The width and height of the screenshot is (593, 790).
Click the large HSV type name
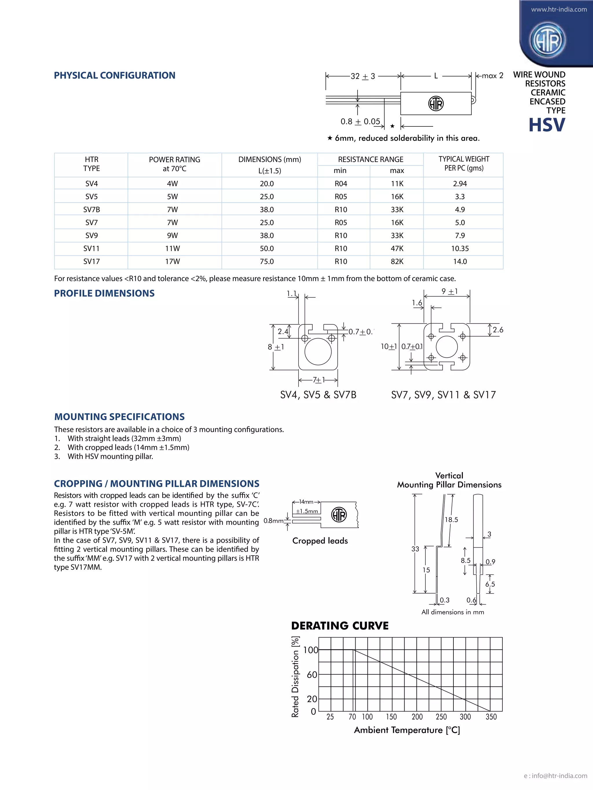tap(547, 125)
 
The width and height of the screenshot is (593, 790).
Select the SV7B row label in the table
tap(91, 210)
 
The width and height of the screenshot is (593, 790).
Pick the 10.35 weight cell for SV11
tap(460, 248)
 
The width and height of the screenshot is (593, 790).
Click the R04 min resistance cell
tap(341, 184)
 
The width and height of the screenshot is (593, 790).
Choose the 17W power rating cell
tap(172, 262)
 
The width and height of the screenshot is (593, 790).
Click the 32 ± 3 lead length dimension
tap(363, 76)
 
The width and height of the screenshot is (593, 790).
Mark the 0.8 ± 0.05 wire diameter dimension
tap(360, 122)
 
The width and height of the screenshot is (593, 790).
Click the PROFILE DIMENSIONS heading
tap(104, 293)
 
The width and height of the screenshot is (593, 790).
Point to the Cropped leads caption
tap(320, 541)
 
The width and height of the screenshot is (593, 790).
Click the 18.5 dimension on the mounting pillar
tap(451, 520)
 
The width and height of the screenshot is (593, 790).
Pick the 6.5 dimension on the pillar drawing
tap(490, 584)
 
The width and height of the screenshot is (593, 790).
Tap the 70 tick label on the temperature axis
tap(352, 717)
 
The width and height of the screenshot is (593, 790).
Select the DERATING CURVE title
tap(340, 626)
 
